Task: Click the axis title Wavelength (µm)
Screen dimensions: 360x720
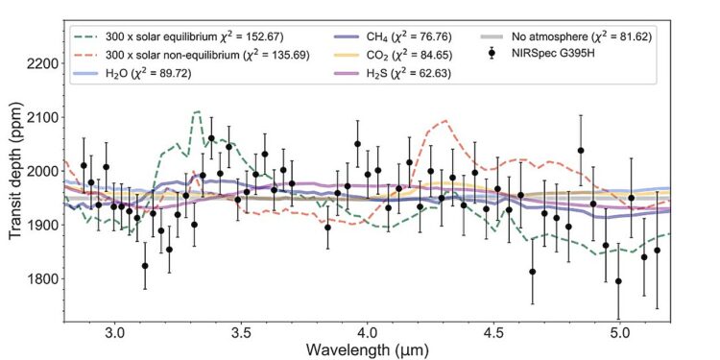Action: point(368,349)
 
